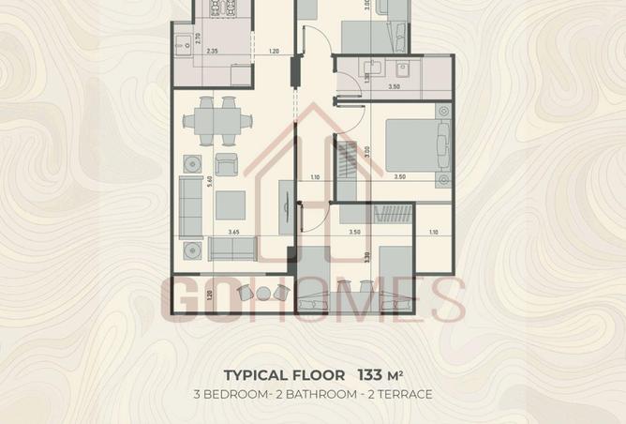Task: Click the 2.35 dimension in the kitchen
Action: (x=213, y=52)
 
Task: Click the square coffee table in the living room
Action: (x=231, y=204)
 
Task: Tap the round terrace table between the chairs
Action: (x=253, y=293)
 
